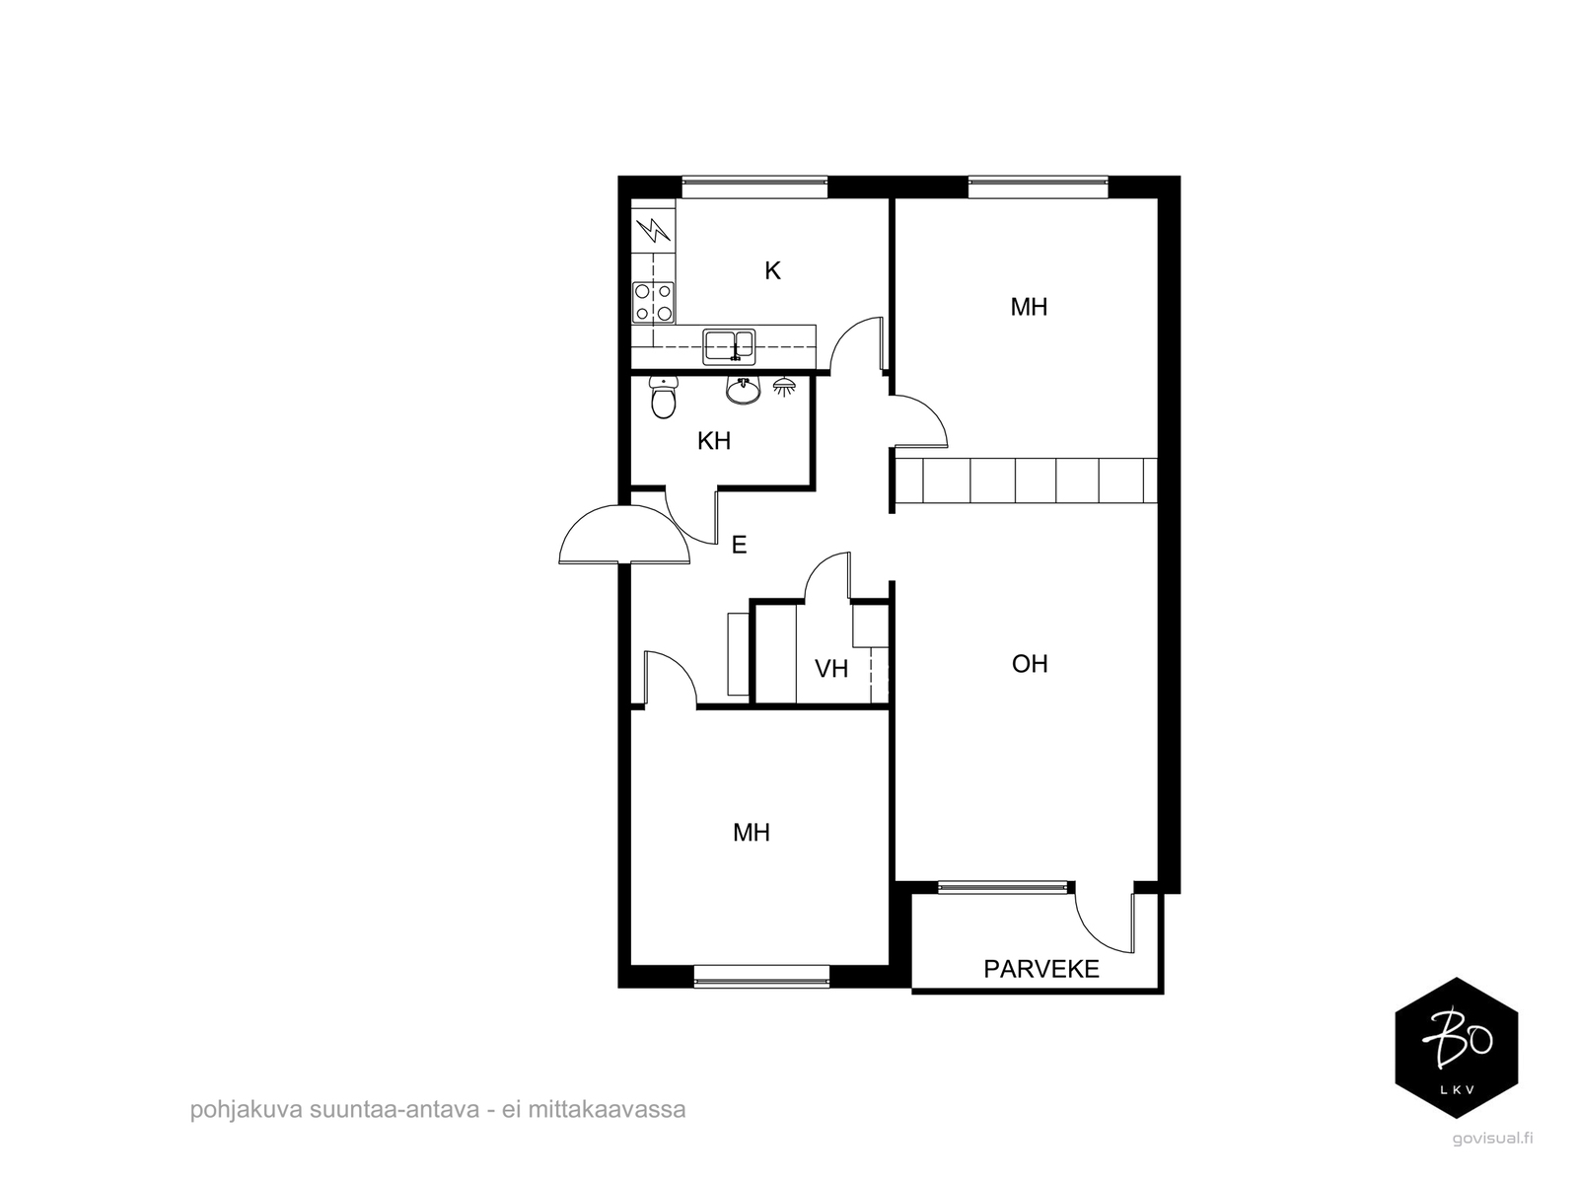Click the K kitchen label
point(772,271)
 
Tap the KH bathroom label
point(714,441)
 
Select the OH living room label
point(1030,663)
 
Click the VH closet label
point(831,669)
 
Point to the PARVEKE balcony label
point(1040,969)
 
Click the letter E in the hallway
point(739,545)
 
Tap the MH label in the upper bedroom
point(1029,308)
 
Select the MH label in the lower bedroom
point(752,833)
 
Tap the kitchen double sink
point(729,346)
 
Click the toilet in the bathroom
point(663,397)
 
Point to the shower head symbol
point(784,387)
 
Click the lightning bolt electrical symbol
point(654,230)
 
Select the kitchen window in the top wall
point(754,186)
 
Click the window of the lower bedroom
point(761,976)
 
